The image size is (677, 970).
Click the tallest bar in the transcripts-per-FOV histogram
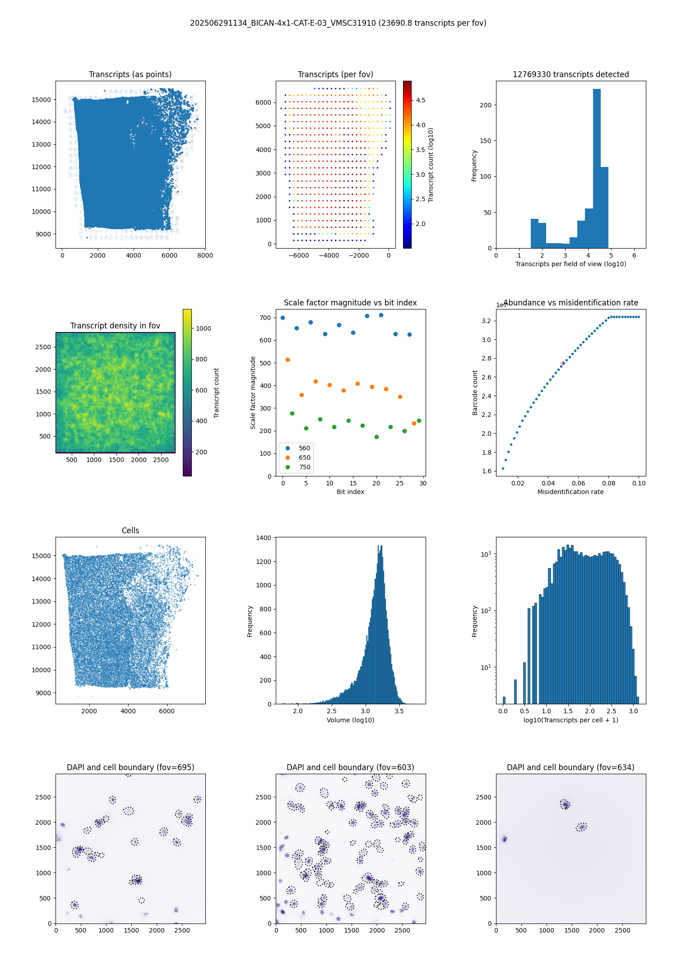tap(597, 168)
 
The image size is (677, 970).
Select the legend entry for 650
tap(298, 457)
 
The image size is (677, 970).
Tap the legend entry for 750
tap(298, 467)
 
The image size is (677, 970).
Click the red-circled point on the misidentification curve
tap(563, 363)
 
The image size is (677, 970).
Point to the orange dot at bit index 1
tap(287, 360)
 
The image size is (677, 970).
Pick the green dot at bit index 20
tap(376, 437)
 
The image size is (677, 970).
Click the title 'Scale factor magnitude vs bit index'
tap(350, 303)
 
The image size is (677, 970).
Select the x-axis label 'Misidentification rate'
tap(570, 492)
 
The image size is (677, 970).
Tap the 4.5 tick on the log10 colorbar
tap(420, 100)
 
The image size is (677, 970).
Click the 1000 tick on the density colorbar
tap(203, 328)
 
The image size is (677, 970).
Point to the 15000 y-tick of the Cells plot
tap(41, 556)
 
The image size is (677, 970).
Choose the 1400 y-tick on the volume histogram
tap(263, 538)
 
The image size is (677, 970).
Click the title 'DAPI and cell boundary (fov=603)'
tap(350, 767)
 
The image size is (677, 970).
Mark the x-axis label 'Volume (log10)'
tap(350, 720)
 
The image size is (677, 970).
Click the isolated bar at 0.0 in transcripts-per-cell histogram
tap(504, 700)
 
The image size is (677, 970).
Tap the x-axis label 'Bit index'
tap(350, 492)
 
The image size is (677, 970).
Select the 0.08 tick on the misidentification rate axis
tap(608, 483)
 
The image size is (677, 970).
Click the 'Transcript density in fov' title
tap(115, 326)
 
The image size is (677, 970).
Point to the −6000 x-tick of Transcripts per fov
tap(299, 255)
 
